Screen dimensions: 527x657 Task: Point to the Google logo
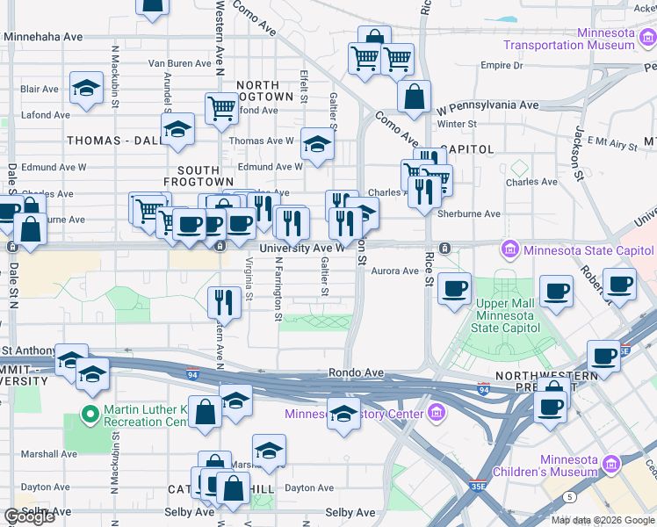[29, 516]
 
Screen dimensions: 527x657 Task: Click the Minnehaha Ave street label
[43, 37]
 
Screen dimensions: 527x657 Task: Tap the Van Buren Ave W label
[186, 63]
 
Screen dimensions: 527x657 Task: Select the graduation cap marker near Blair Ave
[85, 90]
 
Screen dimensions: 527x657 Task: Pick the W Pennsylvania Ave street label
[487, 105]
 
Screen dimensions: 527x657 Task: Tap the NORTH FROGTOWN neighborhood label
[264, 90]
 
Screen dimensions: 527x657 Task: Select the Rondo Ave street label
[356, 373]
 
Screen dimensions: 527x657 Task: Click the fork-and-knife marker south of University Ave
[225, 302]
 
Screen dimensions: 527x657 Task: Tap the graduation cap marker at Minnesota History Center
[343, 413]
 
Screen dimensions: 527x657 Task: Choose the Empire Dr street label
[502, 66]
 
